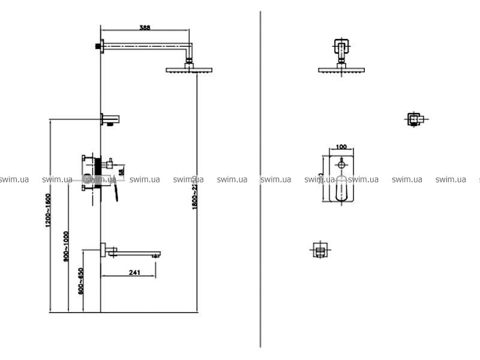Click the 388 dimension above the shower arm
[145, 27]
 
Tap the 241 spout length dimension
[134, 273]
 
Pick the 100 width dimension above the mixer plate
[341, 147]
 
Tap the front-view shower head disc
[341, 70]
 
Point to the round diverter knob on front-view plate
[341, 163]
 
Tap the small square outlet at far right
[414, 119]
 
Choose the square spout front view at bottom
[320, 250]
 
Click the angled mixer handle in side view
[113, 192]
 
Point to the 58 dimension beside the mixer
[122, 172]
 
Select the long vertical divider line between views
[260, 180]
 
